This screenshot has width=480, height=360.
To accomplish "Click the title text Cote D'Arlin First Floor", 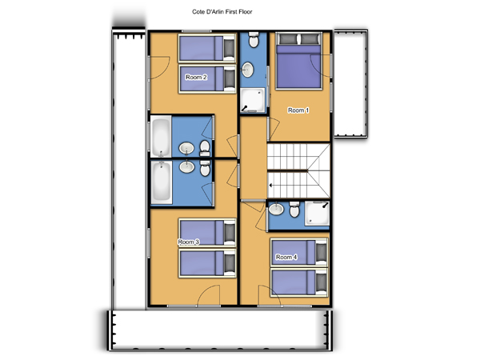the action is click(x=222, y=12).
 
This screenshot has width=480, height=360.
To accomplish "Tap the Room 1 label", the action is click(x=298, y=110).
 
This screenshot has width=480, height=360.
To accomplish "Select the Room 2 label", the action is click(x=196, y=77).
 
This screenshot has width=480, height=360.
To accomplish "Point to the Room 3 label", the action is click(x=189, y=242).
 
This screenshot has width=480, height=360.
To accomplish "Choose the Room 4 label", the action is click(x=286, y=257).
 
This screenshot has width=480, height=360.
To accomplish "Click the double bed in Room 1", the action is click(x=298, y=62).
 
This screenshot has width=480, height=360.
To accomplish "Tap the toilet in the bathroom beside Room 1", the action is click(x=253, y=40).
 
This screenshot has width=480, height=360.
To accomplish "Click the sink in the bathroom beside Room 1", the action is click(x=247, y=70).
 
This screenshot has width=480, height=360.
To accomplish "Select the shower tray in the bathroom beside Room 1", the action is click(x=253, y=100).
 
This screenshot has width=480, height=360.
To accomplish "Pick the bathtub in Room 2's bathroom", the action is click(x=161, y=137).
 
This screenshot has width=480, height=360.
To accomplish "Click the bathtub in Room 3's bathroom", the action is click(x=162, y=182).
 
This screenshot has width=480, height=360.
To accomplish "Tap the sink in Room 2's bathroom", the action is click(x=186, y=149).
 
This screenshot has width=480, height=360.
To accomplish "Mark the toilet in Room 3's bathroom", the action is click(x=205, y=168).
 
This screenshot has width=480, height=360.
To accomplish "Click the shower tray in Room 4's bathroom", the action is click(x=317, y=214).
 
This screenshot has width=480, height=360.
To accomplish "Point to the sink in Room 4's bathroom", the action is click(x=276, y=210).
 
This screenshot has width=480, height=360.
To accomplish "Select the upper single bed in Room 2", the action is click(x=207, y=48).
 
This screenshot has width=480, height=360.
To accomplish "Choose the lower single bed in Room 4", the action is click(x=299, y=282).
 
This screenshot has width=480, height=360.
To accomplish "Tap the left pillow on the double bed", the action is click(x=288, y=39).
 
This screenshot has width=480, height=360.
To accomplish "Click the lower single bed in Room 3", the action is click(x=207, y=263).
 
